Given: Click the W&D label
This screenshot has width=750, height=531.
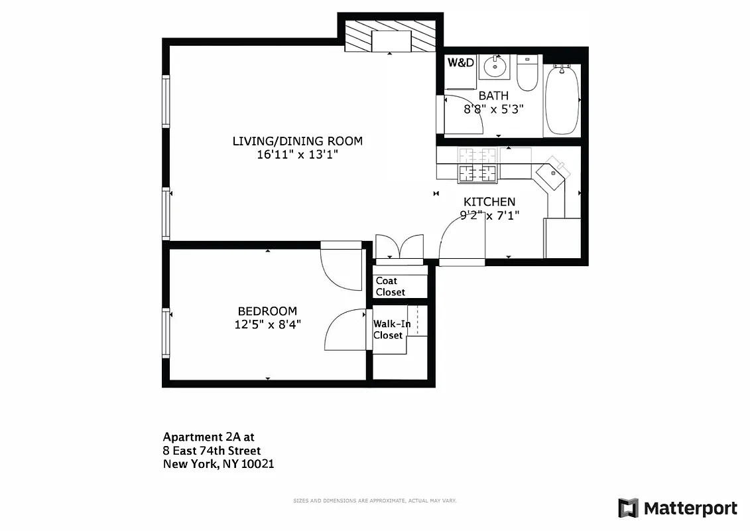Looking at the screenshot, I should click(x=461, y=63).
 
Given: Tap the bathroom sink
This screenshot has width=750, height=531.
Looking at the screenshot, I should click(x=493, y=66).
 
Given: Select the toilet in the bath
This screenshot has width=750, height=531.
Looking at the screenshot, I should click(x=527, y=74).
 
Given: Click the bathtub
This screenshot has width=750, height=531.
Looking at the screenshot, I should click(x=562, y=100).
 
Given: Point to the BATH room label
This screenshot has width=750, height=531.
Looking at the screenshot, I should click(x=493, y=96).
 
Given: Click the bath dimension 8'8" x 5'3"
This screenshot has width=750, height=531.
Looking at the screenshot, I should click(x=493, y=110).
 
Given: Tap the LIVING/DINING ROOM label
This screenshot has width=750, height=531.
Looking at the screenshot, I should click(x=297, y=141).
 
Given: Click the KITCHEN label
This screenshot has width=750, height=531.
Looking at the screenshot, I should click(x=489, y=202).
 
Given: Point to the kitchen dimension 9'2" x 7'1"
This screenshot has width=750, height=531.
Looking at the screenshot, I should click(x=489, y=215).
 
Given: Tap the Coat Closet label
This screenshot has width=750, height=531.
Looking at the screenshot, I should click(x=390, y=287).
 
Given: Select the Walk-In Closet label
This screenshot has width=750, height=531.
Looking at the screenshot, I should click(x=391, y=329).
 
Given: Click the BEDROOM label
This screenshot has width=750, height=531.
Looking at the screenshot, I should click(x=267, y=311).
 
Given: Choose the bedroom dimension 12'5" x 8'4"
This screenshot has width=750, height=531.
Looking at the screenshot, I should click(x=267, y=325).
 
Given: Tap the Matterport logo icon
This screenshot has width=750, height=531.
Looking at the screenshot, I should click(x=628, y=508).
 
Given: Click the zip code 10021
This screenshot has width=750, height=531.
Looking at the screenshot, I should click(x=257, y=465).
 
